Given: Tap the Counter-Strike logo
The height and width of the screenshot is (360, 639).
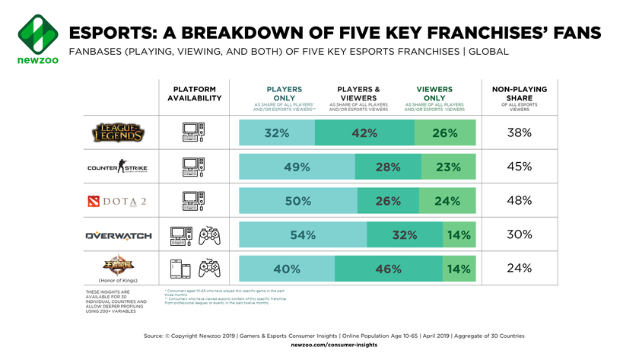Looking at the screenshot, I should [119, 168].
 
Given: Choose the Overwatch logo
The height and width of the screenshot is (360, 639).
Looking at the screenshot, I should [119, 236].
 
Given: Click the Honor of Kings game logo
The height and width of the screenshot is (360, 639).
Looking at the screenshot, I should [119, 267].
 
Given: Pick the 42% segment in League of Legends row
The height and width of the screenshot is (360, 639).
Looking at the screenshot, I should [364, 134].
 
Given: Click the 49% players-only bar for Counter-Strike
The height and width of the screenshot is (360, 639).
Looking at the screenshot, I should [296, 167].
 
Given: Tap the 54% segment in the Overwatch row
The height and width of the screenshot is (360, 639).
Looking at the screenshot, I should [302, 236].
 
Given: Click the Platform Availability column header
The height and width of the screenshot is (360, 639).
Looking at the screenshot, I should [194, 94].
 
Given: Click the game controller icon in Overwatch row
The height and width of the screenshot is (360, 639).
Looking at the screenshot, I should [209, 236].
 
